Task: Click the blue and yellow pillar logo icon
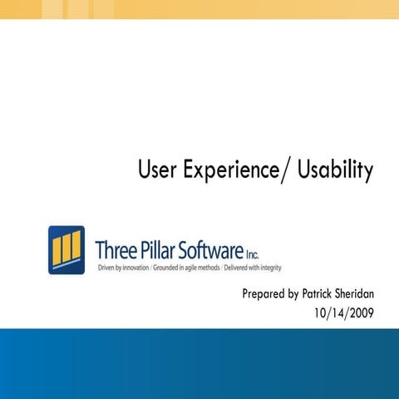click(66, 249)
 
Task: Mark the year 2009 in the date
click(362, 313)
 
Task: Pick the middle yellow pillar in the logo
click(66, 247)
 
